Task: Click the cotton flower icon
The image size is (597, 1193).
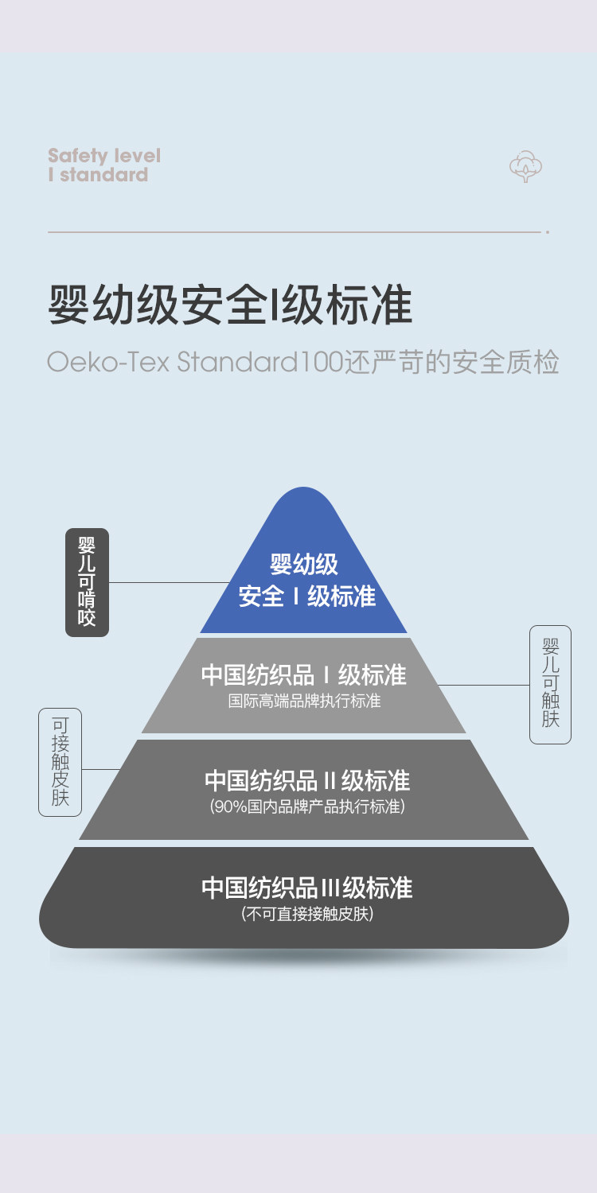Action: tap(526, 166)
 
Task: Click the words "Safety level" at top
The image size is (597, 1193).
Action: tap(104, 155)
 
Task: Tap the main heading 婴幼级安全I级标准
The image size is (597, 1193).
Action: tap(231, 305)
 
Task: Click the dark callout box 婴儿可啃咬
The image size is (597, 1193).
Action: tap(87, 582)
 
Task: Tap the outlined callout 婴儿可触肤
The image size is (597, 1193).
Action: tap(550, 684)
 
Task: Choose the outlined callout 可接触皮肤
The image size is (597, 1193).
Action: tap(60, 762)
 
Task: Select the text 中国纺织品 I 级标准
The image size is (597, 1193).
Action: tap(304, 675)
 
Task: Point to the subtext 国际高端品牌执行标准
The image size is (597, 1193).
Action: tap(304, 701)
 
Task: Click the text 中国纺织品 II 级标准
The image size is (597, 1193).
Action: tap(307, 780)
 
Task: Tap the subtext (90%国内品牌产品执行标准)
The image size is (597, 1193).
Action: tap(307, 806)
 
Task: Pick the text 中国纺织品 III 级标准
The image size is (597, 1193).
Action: tap(307, 888)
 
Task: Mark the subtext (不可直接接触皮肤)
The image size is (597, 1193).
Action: tap(307, 915)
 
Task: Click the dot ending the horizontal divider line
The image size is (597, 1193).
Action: tap(548, 232)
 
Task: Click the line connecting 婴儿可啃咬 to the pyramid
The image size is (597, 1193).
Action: tap(167, 582)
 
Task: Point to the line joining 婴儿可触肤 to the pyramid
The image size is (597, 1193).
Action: tap(484, 685)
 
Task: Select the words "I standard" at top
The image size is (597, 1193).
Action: tap(98, 175)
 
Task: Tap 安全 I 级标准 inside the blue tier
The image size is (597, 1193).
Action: tap(307, 596)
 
